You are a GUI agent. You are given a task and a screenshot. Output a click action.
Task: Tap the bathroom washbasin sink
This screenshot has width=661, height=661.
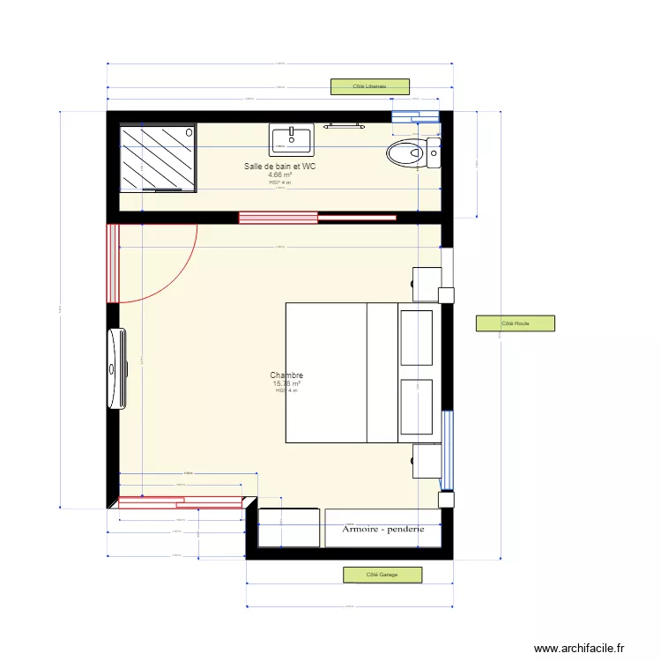click(x=291, y=139)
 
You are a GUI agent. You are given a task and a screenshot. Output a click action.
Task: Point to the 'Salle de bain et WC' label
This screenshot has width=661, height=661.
click(x=279, y=166)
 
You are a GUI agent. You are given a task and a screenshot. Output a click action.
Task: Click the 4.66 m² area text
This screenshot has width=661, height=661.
click(x=279, y=175)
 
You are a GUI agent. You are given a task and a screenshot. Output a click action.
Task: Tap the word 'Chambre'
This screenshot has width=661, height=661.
click(x=286, y=375)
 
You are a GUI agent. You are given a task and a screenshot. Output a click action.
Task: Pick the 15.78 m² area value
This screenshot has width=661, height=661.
click(x=286, y=383)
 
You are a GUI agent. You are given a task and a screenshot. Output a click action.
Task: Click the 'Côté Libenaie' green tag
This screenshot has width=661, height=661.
click(x=370, y=86)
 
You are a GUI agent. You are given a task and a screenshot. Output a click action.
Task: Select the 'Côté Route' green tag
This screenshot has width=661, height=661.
click(x=516, y=323)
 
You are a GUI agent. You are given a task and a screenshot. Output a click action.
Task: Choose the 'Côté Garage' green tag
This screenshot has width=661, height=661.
click(x=382, y=575)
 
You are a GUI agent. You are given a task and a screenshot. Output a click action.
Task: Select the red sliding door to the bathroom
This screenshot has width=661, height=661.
click(x=278, y=217)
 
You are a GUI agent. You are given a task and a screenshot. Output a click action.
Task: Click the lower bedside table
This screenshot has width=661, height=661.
click(x=427, y=461)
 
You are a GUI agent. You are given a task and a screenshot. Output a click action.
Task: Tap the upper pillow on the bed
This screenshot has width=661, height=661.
click(x=416, y=337)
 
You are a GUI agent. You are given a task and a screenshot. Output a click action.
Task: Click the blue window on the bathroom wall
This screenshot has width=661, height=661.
click(x=415, y=115)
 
